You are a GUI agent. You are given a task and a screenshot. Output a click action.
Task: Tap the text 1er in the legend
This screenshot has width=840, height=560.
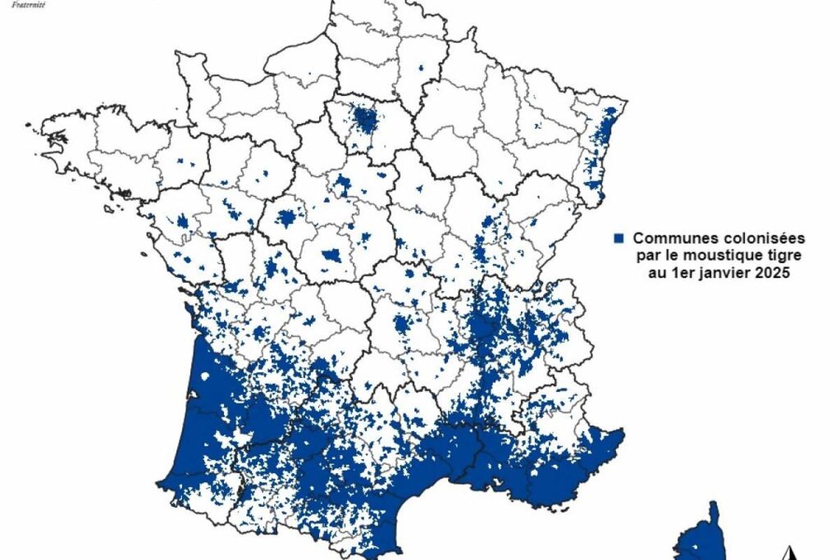click(682, 275)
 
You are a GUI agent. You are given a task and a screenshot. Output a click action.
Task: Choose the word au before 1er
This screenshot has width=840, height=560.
click(657, 275)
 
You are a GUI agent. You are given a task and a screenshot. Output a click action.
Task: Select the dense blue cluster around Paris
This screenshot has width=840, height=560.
click(365, 122)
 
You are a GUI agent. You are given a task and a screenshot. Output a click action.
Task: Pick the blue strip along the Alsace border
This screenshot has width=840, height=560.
click(605, 131)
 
